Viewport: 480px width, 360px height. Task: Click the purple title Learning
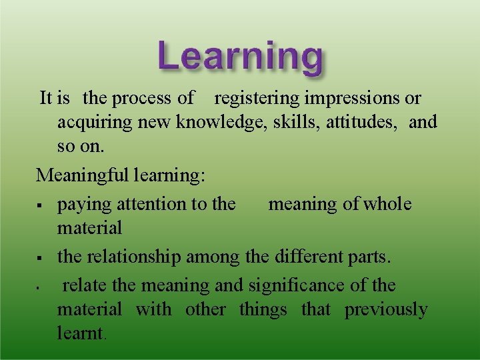point(240,57)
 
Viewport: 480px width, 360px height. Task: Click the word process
point(142,99)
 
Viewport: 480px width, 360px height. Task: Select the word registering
point(257,99)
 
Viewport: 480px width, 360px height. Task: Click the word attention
point(139,204)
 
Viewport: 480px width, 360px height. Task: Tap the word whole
point(387,204)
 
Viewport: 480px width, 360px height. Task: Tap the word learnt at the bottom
point(80,333)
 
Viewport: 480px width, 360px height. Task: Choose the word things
point(263,309)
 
